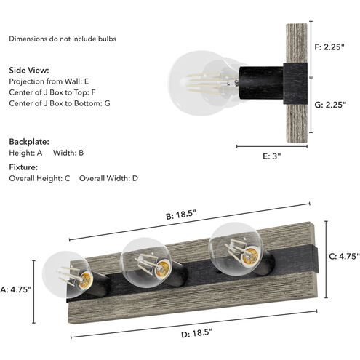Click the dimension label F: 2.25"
[329, 47]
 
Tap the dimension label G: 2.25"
[330, 105]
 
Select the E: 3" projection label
[272, 156]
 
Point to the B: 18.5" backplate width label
[180, 215]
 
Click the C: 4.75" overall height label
[344, 256]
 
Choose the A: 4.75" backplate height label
[15, 289]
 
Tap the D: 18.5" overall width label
[197, 333]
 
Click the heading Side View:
[29, 71]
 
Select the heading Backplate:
[29, 142]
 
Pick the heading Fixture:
[23, 167]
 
